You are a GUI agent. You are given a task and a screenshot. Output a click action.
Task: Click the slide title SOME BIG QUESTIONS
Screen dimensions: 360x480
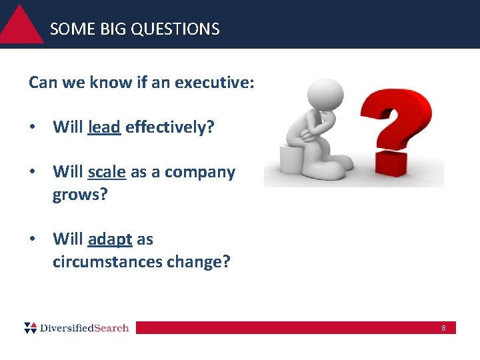[135, 29]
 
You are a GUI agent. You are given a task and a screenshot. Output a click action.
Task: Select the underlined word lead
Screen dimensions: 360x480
[104, 127]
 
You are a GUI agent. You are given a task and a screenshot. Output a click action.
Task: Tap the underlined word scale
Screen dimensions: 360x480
[107, 172]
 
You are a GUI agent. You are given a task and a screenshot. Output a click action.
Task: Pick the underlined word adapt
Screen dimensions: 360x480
[110, 239]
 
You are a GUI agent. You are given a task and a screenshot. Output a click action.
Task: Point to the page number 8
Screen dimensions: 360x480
[443, 328]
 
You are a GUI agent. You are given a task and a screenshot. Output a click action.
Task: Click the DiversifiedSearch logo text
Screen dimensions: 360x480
[85, 327]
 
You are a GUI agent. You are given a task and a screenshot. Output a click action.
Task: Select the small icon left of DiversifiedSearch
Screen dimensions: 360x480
[31, 327]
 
